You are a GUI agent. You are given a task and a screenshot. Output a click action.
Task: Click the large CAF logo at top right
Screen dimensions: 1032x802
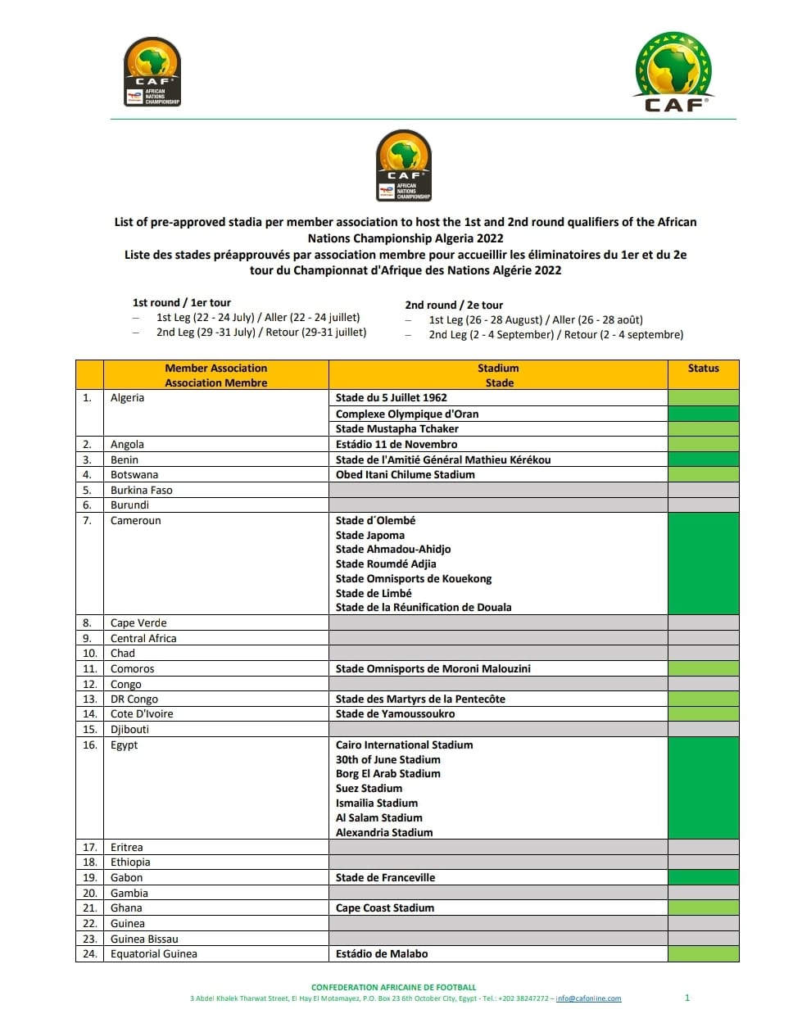click(673, 72)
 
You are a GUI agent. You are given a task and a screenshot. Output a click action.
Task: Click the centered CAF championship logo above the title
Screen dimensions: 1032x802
click(404, 165)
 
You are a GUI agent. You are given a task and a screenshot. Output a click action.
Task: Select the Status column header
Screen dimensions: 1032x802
click(703, 369)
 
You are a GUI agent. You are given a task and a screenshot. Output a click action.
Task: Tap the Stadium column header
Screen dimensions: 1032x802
click(498, 375)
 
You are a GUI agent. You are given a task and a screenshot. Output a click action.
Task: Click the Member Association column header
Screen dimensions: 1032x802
click(215, 375)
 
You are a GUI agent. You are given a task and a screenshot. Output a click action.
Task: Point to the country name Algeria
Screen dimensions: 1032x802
click(127, 398)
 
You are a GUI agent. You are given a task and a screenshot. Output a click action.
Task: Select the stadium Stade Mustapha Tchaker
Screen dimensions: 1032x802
click(396, 429)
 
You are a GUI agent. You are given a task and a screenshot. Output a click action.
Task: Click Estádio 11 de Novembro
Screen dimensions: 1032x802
click(396, 445)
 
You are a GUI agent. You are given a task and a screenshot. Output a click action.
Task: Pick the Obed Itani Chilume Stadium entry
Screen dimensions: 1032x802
click(405, 475)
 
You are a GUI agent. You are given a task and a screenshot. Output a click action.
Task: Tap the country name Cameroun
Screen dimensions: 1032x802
click(135, 521)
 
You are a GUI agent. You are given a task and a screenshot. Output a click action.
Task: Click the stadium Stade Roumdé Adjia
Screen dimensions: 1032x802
click(386, 564)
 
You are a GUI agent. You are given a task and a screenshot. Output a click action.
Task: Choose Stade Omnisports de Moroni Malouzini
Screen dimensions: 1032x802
click(433, 669)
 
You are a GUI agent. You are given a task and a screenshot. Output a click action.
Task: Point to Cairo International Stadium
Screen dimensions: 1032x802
click(404, 745)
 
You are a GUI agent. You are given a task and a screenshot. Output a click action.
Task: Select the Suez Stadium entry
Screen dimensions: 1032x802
click(369, 789)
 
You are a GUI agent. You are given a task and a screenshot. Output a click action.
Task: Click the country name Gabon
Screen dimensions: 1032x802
click(126, 878)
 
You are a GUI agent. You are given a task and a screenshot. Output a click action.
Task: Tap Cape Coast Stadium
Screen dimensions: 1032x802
click(385, 908)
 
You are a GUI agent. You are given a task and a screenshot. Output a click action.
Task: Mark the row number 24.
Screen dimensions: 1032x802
click(89, 954)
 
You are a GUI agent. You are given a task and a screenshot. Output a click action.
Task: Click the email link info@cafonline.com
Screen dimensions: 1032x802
click(588, 999)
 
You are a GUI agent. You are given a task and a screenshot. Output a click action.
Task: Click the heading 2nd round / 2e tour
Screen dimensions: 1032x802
click(454, 305)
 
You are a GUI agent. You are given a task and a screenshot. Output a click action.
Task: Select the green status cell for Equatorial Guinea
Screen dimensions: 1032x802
click(703, 954)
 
